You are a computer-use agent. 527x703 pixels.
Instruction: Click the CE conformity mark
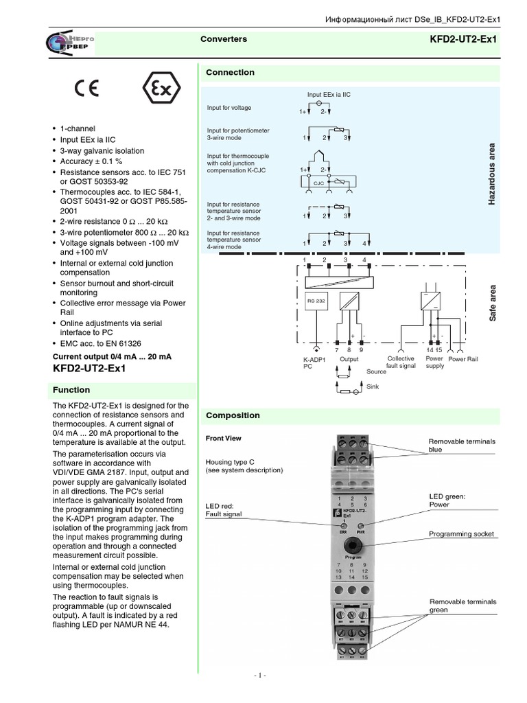tap(86, 89)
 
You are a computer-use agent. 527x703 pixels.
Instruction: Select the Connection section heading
tap(231, 72)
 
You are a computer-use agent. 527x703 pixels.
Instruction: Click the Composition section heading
tap(233, 415)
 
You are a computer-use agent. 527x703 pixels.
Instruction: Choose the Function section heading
tap(72, 390)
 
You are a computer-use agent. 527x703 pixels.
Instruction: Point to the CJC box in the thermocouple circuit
tap(318, 183)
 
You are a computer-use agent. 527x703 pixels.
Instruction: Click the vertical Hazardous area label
tap(491, 174)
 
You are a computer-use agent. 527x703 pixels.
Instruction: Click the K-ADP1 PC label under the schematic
tap(313, 362)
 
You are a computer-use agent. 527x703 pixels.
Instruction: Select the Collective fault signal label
tap(401, 362)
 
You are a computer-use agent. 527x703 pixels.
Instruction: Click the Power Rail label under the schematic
tap(463, 359)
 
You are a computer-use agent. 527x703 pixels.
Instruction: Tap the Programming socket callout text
tap(461, 533)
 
